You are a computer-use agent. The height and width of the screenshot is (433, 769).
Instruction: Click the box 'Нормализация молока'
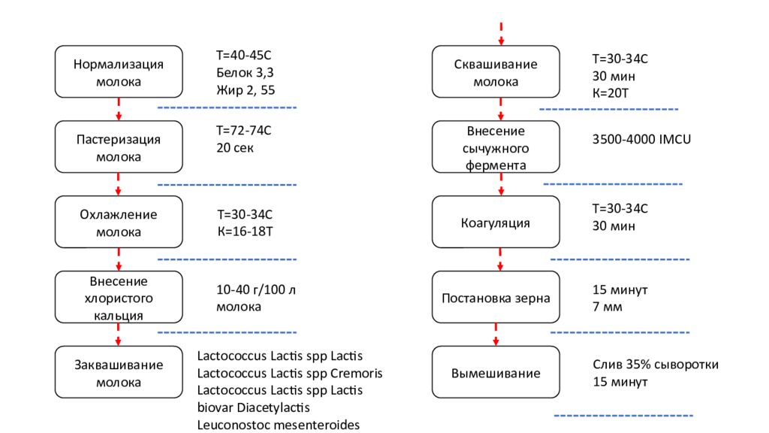[x=119, y=72]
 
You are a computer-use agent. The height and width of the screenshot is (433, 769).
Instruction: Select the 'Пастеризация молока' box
[x=119, y=147]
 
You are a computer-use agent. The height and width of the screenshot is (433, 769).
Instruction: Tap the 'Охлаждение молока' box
[x=119, y=223]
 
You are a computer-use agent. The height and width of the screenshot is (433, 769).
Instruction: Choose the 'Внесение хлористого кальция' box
[x=119, y=298]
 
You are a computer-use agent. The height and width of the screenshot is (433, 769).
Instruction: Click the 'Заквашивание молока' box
[x=119, y=373]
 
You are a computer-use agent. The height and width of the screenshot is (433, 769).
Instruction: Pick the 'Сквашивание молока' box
[x=496, y=72]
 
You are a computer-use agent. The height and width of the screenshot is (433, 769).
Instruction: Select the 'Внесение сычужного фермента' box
[x=496, y=147]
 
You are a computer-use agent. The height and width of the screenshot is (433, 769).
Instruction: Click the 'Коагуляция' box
[x=496, y=223]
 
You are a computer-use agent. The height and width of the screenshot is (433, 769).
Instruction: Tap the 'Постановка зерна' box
[x=496, y=298]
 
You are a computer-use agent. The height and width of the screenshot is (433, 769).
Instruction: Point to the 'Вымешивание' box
[x=496, y=373]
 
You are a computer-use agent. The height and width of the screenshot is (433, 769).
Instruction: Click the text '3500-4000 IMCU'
[x=641, y=139]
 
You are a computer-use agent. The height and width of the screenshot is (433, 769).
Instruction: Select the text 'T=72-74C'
[x=243, y=131]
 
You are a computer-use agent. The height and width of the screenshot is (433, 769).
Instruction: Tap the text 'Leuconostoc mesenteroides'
[x=279, y=425]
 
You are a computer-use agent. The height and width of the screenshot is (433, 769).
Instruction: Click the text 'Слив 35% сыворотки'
[x=655, y=365]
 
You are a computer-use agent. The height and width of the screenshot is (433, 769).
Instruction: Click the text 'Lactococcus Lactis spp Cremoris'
[x=290, y=374]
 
